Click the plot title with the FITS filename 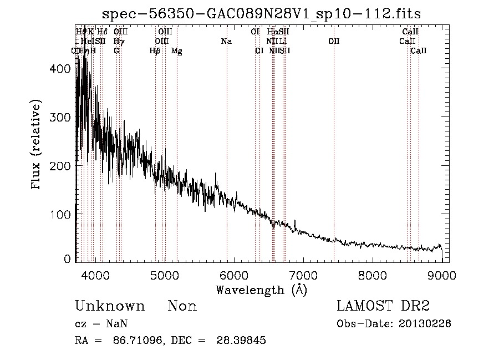click(x=266, y=14)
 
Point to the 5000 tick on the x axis click(x=164, y=274)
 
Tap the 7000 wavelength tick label click(x=303, y=274)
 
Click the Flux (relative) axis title click(x=37, y=146)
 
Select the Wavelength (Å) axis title click(x=261, y=290)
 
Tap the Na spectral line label click(x=226, y=42)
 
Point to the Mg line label click(x=177, y=51)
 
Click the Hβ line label click(x=155, y=51)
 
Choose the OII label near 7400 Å click(x=334, y=42)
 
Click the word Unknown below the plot click(x=109, y=306)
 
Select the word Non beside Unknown click(x=182, y=306)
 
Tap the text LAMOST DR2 click(x=383, y=306)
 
